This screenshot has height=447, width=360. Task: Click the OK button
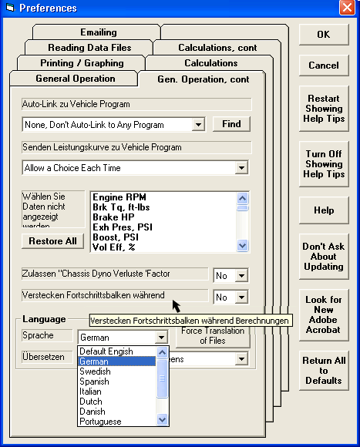pos(324,35)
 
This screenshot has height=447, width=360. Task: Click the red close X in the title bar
pos(347,8)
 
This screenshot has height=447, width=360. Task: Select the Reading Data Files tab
pos(89,48)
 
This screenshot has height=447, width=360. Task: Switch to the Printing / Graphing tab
pos(82,63)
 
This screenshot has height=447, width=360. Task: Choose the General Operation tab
pos(75,79)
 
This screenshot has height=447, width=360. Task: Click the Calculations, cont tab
pos(217,48)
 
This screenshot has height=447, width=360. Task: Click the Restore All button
pos(52,241)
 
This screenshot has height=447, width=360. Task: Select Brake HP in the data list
pos(113,217)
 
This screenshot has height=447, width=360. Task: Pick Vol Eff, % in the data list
pos(114,247)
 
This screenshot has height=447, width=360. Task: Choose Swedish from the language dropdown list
pos(95,371)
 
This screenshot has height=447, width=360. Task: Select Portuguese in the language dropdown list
pos(100,422)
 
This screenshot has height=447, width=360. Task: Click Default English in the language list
pos(106,351)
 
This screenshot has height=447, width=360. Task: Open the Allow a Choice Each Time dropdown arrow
pos(241,168)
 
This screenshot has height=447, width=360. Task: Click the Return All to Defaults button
pos(324,371)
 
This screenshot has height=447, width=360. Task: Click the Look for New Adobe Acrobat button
pos(324,314)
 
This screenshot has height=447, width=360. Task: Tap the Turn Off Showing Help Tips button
pos(324,164)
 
